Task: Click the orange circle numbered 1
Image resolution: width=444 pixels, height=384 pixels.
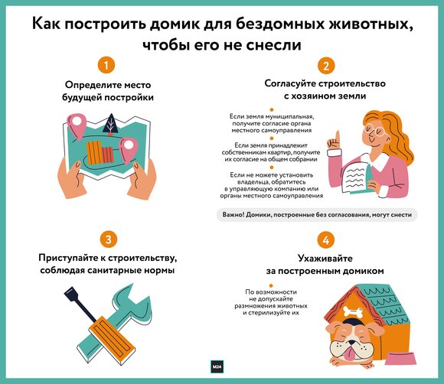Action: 106,65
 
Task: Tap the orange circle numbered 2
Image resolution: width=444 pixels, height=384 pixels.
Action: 326,66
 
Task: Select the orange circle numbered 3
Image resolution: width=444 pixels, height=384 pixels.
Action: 108,239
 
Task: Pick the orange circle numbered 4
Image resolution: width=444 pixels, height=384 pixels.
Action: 325,240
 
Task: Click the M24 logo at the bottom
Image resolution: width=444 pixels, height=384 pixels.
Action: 217,366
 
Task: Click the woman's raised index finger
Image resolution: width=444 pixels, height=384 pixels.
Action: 338,137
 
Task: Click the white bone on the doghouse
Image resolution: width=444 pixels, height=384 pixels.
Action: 353,311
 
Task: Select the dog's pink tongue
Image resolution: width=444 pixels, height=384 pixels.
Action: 351,353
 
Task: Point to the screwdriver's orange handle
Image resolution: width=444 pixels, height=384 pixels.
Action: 112,340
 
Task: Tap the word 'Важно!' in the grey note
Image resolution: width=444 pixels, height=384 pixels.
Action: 233,214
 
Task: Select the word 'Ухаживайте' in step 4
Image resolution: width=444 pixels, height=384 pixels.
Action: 325,259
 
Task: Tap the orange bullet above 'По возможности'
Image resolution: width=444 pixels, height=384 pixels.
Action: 271,285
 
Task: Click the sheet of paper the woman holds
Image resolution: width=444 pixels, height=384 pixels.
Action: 354,178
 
